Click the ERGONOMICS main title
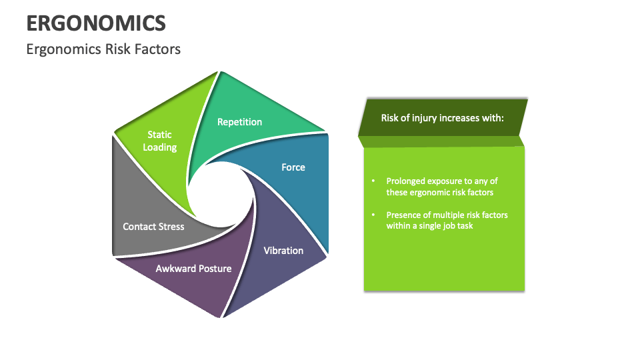96,23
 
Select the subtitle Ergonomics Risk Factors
103,49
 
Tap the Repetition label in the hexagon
239,122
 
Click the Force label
293,167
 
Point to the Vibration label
283,251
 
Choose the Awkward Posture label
193,269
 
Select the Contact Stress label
153,227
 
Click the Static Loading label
159,141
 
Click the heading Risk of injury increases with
442,118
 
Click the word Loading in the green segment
159,147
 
